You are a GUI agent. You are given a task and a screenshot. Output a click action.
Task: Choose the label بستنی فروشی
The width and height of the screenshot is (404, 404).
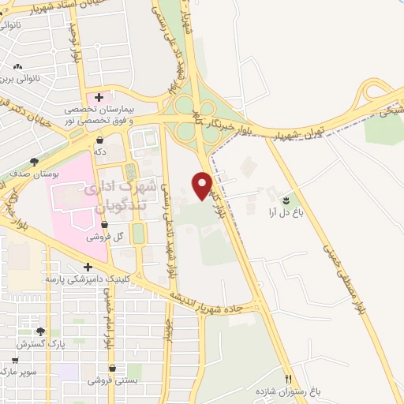(x=115, y=380)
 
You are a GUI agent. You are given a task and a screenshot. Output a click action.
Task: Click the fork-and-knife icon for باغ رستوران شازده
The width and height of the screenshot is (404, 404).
(x=288, y=380)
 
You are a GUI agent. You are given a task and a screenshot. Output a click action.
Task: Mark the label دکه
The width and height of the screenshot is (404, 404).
(x=99, y=149)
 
